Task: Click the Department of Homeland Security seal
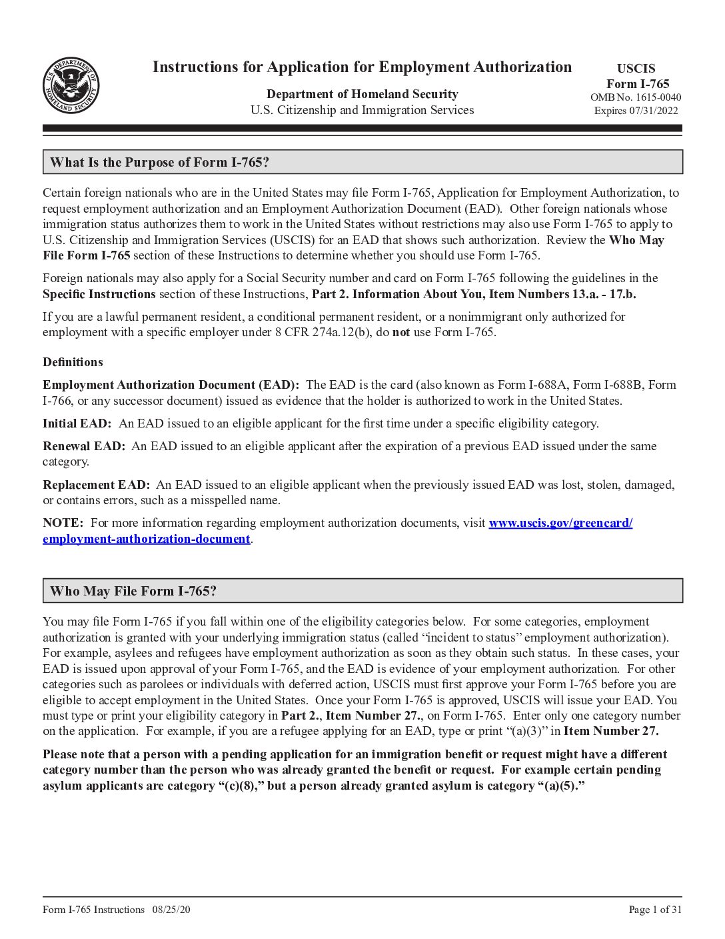pos(71,85)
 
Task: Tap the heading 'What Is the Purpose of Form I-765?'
pos(159,162)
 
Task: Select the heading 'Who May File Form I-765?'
pos(133,591)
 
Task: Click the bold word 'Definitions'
pos(73,362)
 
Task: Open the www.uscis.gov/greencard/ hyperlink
pos(560,523)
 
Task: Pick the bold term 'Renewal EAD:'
pos(84,446)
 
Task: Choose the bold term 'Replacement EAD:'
pos(97,485)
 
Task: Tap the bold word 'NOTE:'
pos(63,523)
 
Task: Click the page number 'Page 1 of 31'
pos(655,910)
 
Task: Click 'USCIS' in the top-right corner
pos(636,69)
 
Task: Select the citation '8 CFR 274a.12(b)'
pos(299,332)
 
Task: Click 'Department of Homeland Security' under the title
pos(362,94)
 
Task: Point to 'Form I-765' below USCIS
pos(638,83)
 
